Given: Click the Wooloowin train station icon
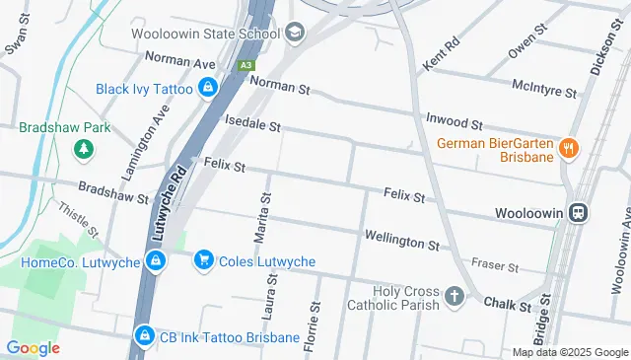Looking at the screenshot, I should click(x=579, y=212).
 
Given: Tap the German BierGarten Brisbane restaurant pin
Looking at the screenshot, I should click(x=567, y=149).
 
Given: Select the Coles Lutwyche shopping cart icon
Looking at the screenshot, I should click(x=203, y=260).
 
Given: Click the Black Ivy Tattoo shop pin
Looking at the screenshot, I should click(x=207, y=90).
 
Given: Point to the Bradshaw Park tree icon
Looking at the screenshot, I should click(x=85, y=148).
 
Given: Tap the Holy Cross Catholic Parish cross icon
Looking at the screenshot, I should click(x=454, y=295).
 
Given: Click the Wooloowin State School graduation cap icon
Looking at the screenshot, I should click(x=294, y=34).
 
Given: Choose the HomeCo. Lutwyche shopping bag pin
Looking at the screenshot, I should click(x=154, y=260).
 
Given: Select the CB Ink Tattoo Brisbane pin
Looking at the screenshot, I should click(x=145, y=337).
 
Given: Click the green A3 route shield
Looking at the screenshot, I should click(x=245, y=65).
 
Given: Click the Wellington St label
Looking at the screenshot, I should click(x=401, y=239).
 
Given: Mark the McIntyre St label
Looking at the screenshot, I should click(x=544, y=88).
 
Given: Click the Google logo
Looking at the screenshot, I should click(x=33, y=347).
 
